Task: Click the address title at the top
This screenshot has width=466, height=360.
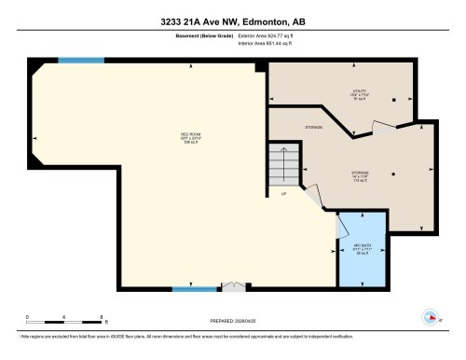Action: click(x=233, y=22)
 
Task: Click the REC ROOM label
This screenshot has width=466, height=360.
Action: click(x=191, y=140)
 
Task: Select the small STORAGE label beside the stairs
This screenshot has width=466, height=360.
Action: click(x=315, y=127)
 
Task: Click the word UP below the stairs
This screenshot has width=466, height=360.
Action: click(x=283, y=193)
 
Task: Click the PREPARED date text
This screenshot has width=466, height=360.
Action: click(x=233, y=319)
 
